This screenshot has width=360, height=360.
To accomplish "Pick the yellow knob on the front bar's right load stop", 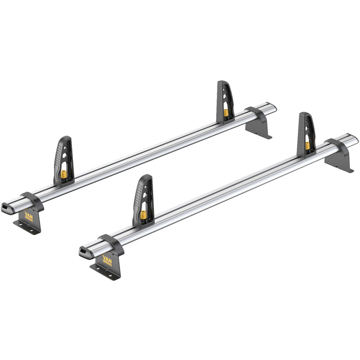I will [307, 145].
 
